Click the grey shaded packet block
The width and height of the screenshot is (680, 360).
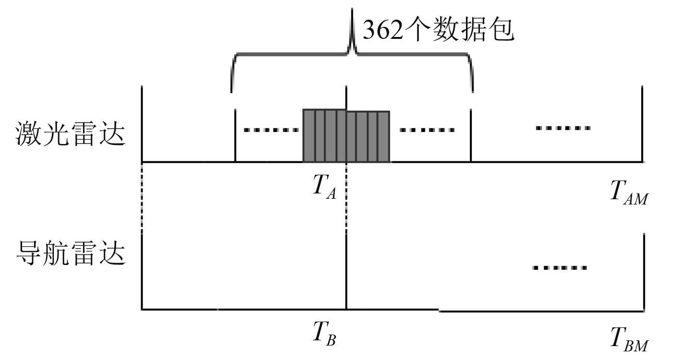tap(346, 136)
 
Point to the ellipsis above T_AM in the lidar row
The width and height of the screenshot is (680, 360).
tap(563, 128)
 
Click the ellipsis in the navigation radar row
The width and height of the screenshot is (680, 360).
tap(560, 267)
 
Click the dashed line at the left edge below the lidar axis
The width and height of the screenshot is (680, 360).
tap(142, 197)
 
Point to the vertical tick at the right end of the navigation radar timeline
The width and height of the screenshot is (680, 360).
tap(642, 271)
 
